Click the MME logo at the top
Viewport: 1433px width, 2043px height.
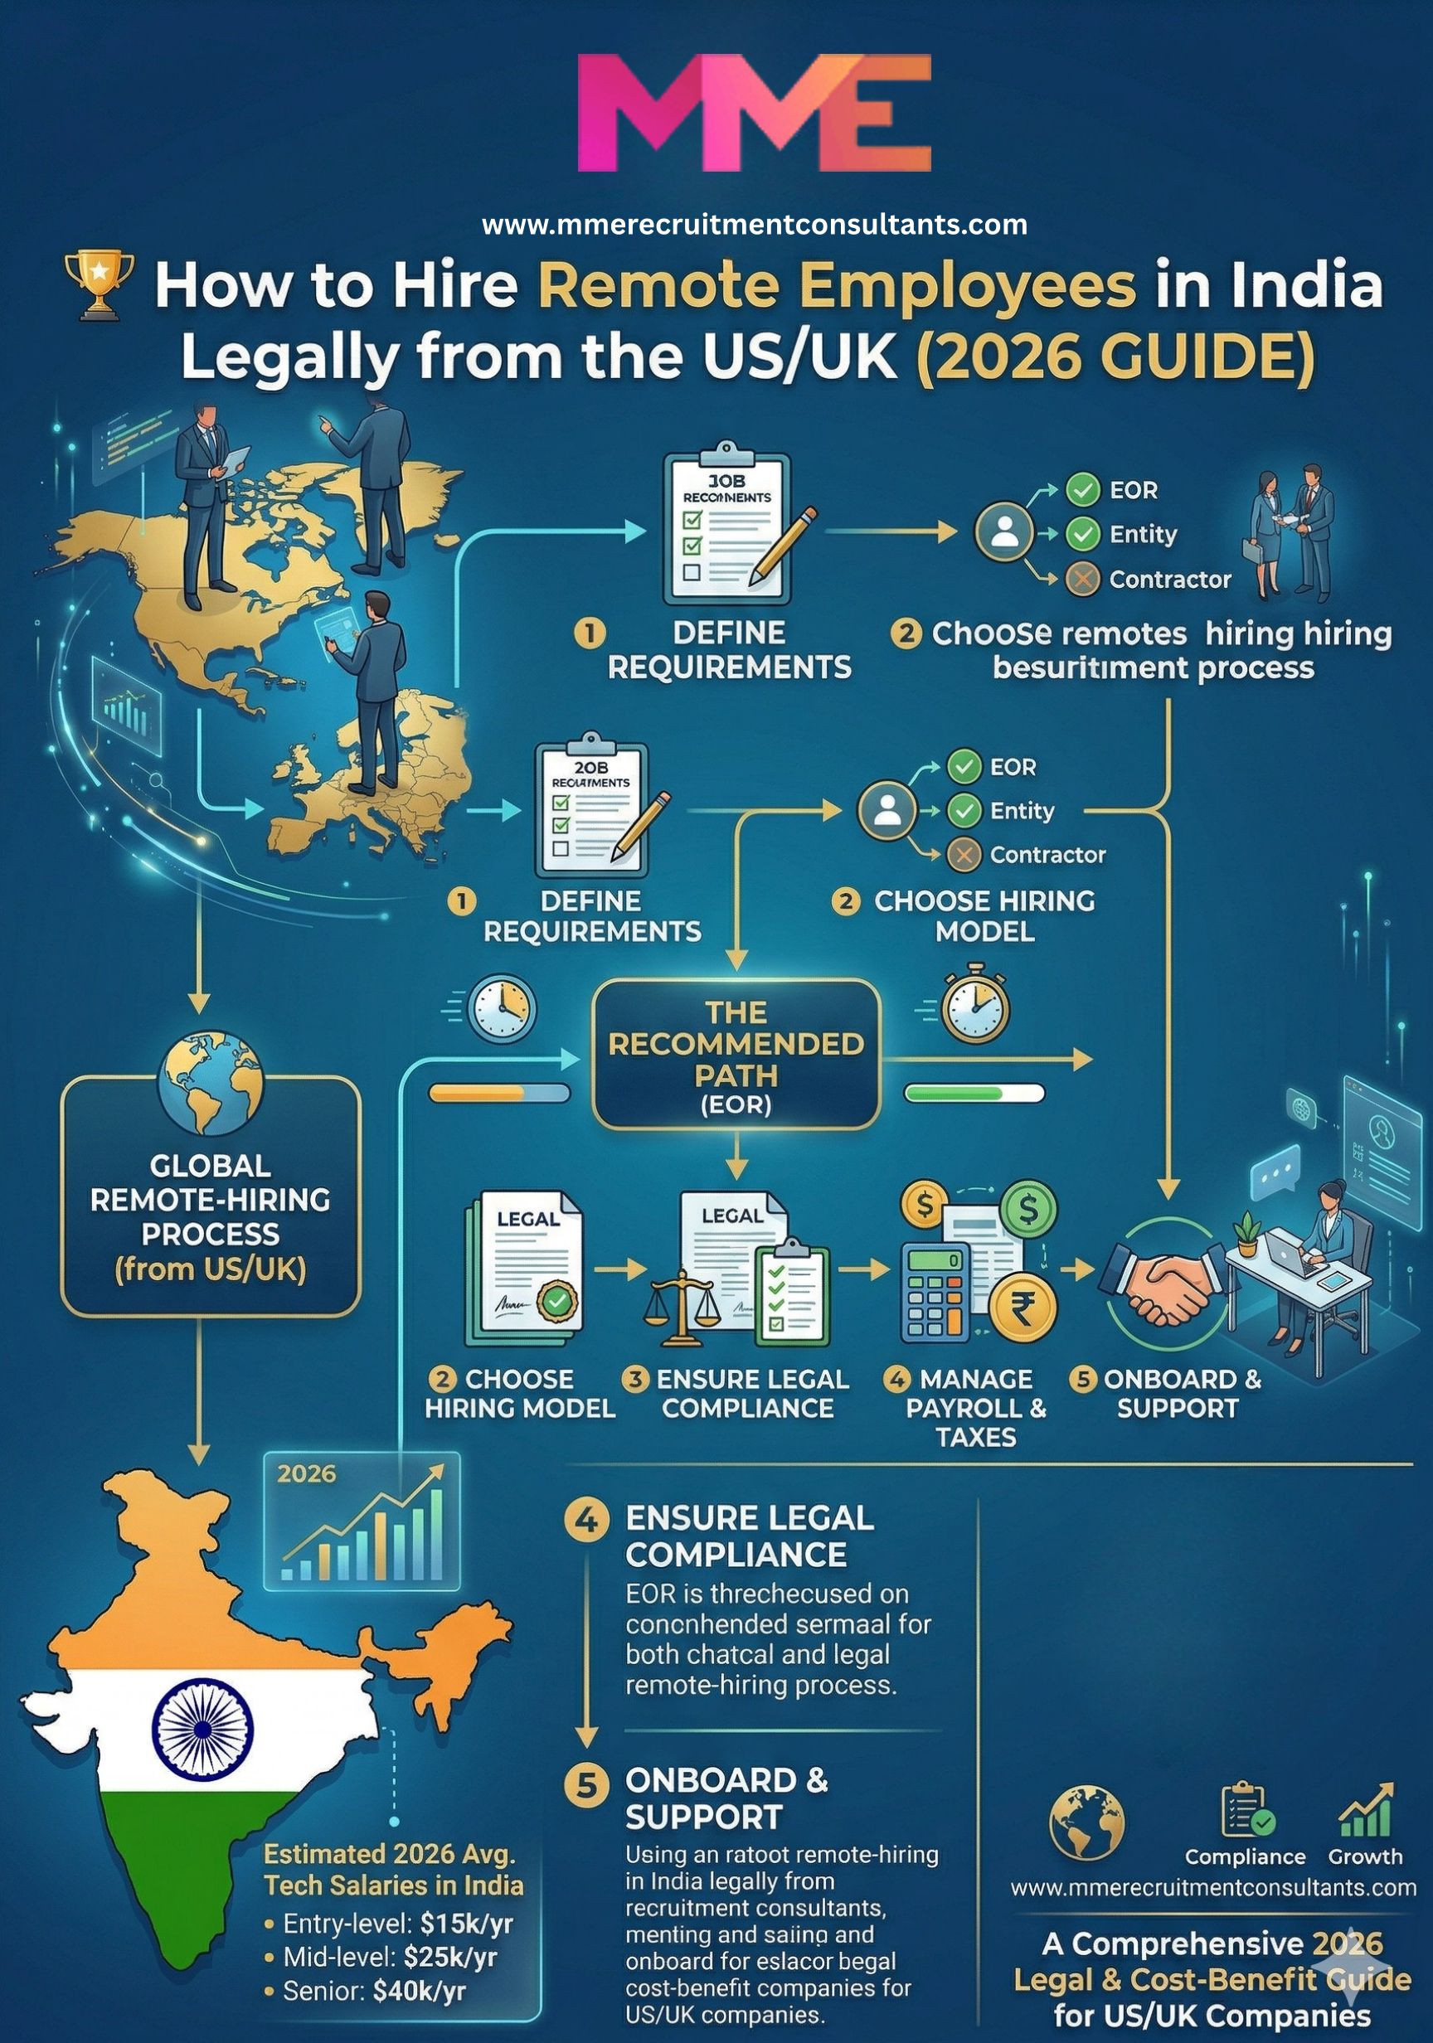point(754,112)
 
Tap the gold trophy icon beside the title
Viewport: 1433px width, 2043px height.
point(100,284)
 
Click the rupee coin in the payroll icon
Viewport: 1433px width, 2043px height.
point(1023,1307)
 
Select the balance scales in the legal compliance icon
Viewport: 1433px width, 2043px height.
point(682,1306)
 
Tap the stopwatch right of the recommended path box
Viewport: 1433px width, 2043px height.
point(974,1006)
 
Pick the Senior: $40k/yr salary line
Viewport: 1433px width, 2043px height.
point(375,1992)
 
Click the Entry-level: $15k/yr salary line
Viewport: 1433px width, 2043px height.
point(398,1924)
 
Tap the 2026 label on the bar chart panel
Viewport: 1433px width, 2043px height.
point(306,1474)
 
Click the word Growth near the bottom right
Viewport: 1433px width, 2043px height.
point(1364,1857)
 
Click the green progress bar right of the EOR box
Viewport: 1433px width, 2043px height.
point(974,1093)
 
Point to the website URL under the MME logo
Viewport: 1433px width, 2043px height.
point(755,224)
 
